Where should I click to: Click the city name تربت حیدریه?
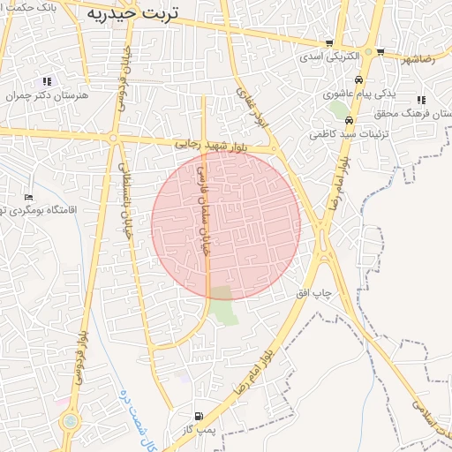tap(132, 13)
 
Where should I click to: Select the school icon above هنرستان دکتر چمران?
tap(47, 81)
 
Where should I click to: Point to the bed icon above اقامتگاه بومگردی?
tap(29, 197)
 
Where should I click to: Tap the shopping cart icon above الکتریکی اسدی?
tap(329, 43)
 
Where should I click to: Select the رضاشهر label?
tap(418, 60)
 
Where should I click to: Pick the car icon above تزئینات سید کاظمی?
tap(350, 121)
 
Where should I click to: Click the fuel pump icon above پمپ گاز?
tap(196, 416)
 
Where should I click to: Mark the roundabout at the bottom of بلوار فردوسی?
tap(69, 421)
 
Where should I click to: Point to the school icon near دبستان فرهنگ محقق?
tap(422, 100)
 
